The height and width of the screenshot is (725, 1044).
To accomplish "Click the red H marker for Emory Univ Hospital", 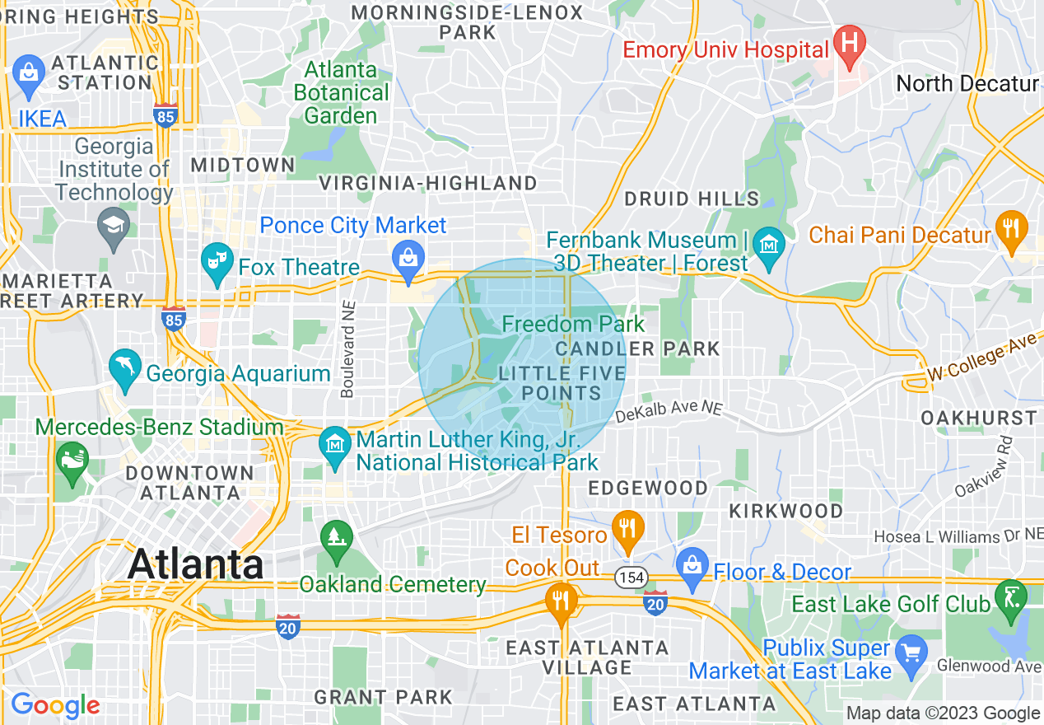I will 848,41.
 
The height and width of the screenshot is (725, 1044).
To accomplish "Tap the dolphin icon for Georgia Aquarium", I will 125,369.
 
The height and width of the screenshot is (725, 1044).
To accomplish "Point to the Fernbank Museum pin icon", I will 769,248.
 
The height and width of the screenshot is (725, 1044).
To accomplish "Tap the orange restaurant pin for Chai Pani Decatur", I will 1011,231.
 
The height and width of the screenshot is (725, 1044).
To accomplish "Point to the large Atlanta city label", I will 196,565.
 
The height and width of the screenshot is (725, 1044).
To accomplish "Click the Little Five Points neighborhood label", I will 562,383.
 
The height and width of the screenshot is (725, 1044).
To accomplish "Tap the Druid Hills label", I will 692,199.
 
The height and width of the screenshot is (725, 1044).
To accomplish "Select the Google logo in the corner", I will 55,705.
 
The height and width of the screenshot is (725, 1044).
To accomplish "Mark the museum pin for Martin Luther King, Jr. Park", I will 335,447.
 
